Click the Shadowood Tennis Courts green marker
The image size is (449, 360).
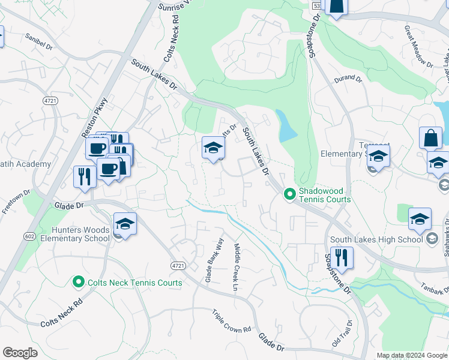[289, 194]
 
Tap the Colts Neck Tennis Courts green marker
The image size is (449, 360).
[77, 281]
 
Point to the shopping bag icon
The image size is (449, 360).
[430, 138]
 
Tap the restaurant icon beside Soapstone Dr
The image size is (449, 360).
[342, 258]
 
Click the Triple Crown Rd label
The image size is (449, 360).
[231, 322]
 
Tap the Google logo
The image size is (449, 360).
[20, 352]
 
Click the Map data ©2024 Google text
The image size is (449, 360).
[411, 355]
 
